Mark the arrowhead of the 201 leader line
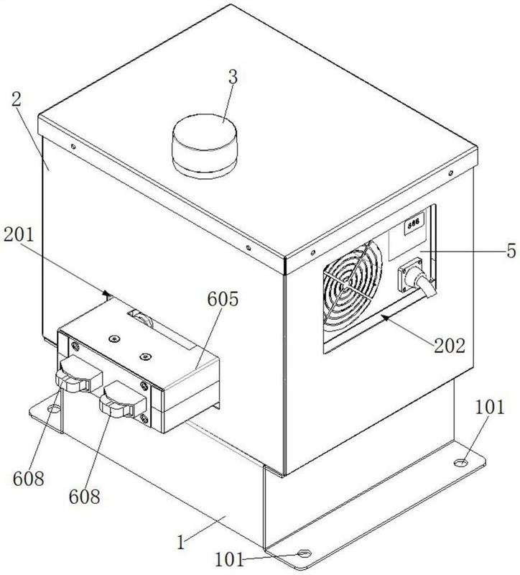[x=108, y=293]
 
